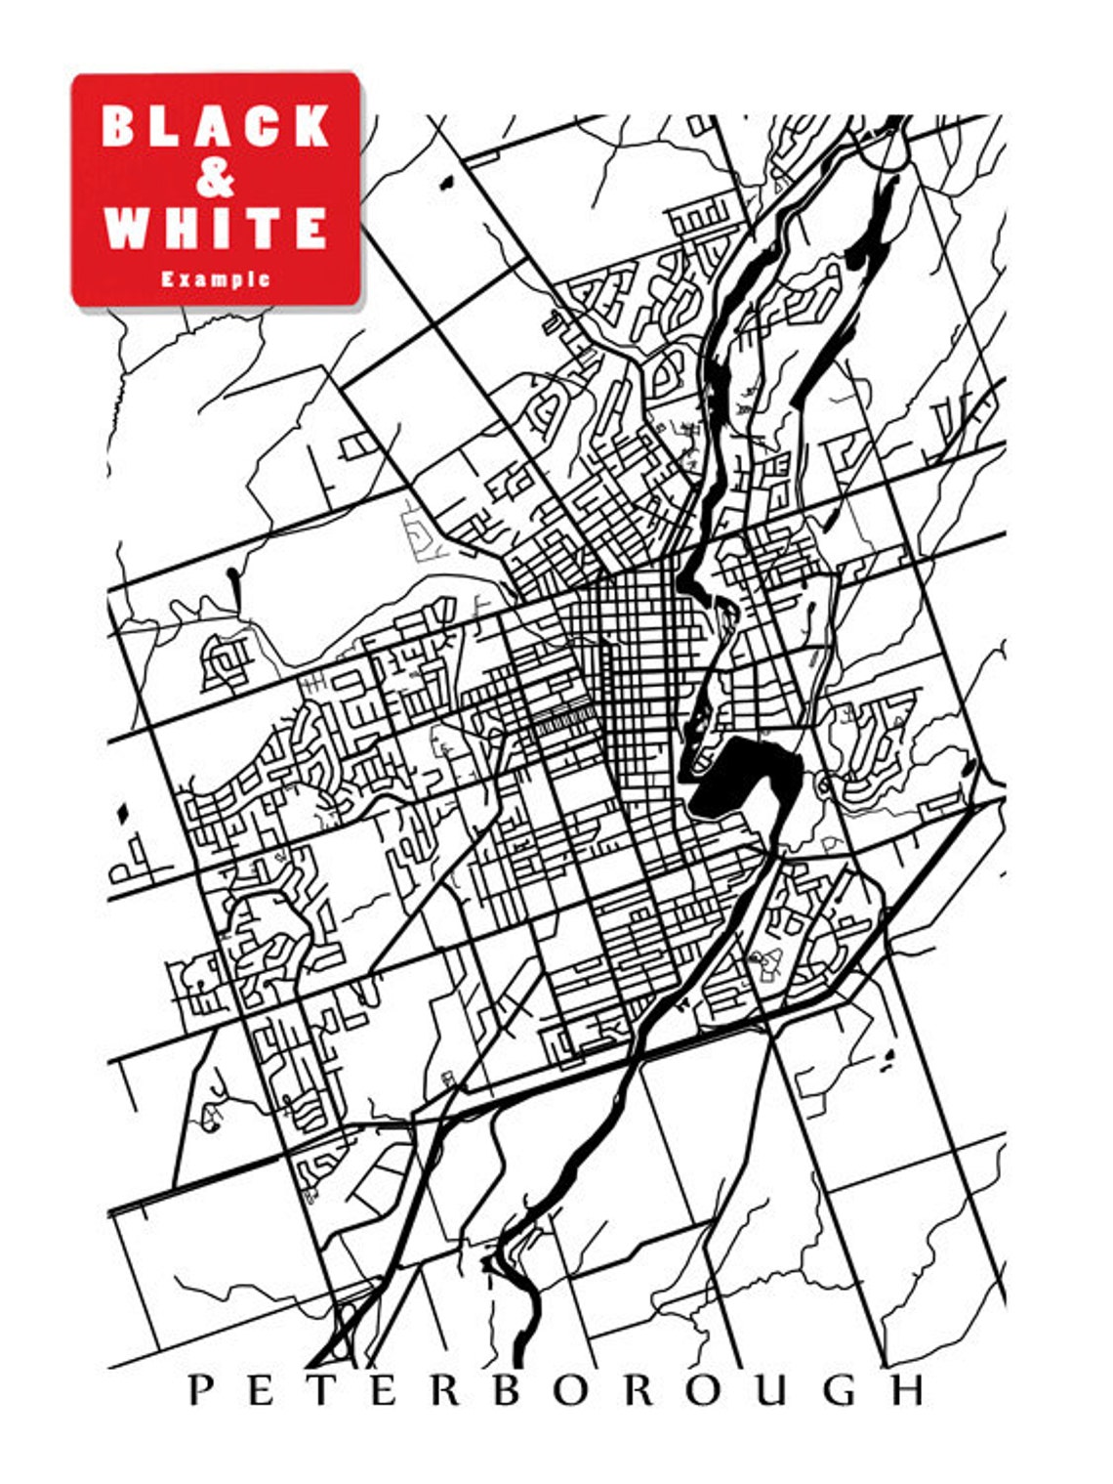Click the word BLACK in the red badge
[x=216, y=126]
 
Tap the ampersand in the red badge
[x=215, y=178]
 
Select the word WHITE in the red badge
[x=216, y=228]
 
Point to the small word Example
[x=216, y=279]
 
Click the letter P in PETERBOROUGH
[x=200, y=1389]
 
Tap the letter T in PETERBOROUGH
[x=321, y=1389]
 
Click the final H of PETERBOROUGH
[x=908, y=1389]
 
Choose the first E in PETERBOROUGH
[x=261, y=1389]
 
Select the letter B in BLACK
[x=118, y=126]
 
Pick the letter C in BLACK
[x=264, y=126]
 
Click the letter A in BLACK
[x=214, y=126]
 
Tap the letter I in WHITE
[x=222, y=228]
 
